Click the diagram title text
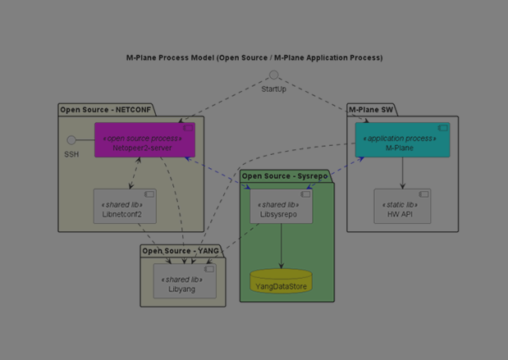point(254,58)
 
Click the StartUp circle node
point(274,75)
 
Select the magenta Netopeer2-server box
point(144,140)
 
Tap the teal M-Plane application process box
point(402,140)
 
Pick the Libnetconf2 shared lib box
point(125,207)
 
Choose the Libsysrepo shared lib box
point(281,207)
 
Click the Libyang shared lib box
point(185,281)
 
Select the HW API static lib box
point(402,207)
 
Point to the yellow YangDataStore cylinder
point(281,282)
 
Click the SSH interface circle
point(71,140)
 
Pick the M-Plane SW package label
point(371,110)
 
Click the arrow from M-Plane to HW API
point(402,173)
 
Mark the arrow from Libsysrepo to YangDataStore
point(281,245)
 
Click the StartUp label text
point(274,89)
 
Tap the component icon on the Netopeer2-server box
point(188,129)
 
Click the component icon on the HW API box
point(423,195)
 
